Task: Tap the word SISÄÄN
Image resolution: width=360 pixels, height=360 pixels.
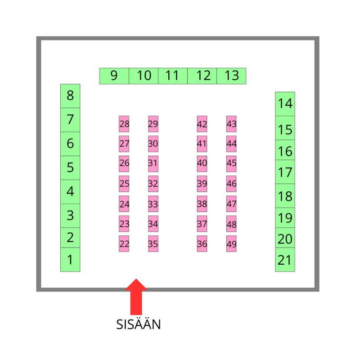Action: tap(138, 324)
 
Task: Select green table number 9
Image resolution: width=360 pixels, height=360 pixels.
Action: tap(114, 76)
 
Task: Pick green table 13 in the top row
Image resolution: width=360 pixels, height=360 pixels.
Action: tap(231, 76)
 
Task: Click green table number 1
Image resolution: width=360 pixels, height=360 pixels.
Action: tap(70, 260)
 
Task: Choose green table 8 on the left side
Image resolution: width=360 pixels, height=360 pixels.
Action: tap(70, 95)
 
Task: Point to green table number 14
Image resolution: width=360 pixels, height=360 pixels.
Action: tap(285, 103)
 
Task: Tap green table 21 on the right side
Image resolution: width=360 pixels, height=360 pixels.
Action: tap(285, 260)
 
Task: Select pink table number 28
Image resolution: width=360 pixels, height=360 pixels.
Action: tap(124, 124)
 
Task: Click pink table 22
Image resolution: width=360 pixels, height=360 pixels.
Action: tap(124, 244)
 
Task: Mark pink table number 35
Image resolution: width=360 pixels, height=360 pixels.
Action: tap(153, 244)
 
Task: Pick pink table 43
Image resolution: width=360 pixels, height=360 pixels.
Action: tap(231, 124)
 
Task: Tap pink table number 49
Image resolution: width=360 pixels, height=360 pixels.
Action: tap(231, 244)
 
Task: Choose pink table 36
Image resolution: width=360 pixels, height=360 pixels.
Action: tap(202, 244)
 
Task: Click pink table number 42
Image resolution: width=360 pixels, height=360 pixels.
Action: tap(202, 124)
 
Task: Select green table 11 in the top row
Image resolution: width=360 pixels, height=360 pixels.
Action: tap(172, 76)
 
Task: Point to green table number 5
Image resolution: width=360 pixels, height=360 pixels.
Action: tap(70, 167)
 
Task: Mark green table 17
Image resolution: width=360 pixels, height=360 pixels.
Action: tap(285, 172)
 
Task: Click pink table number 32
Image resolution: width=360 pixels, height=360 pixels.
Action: tap(153, 184)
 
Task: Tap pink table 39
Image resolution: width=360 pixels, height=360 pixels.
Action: tap(202, 184)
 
